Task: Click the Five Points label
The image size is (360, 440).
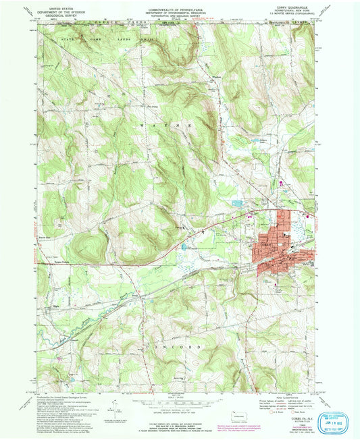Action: pyautogui.click(x=153, y=105)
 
